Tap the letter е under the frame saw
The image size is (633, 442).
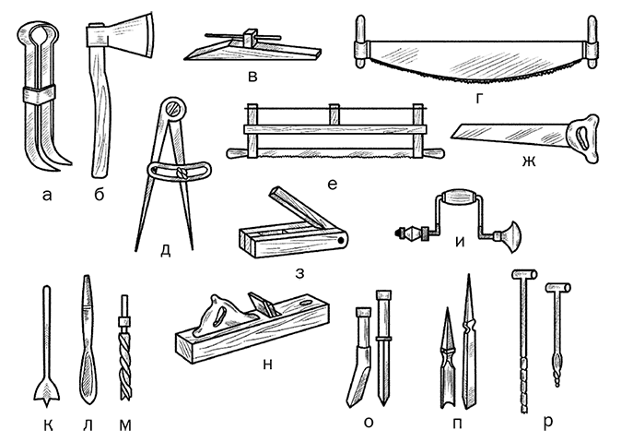pos(333,185)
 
